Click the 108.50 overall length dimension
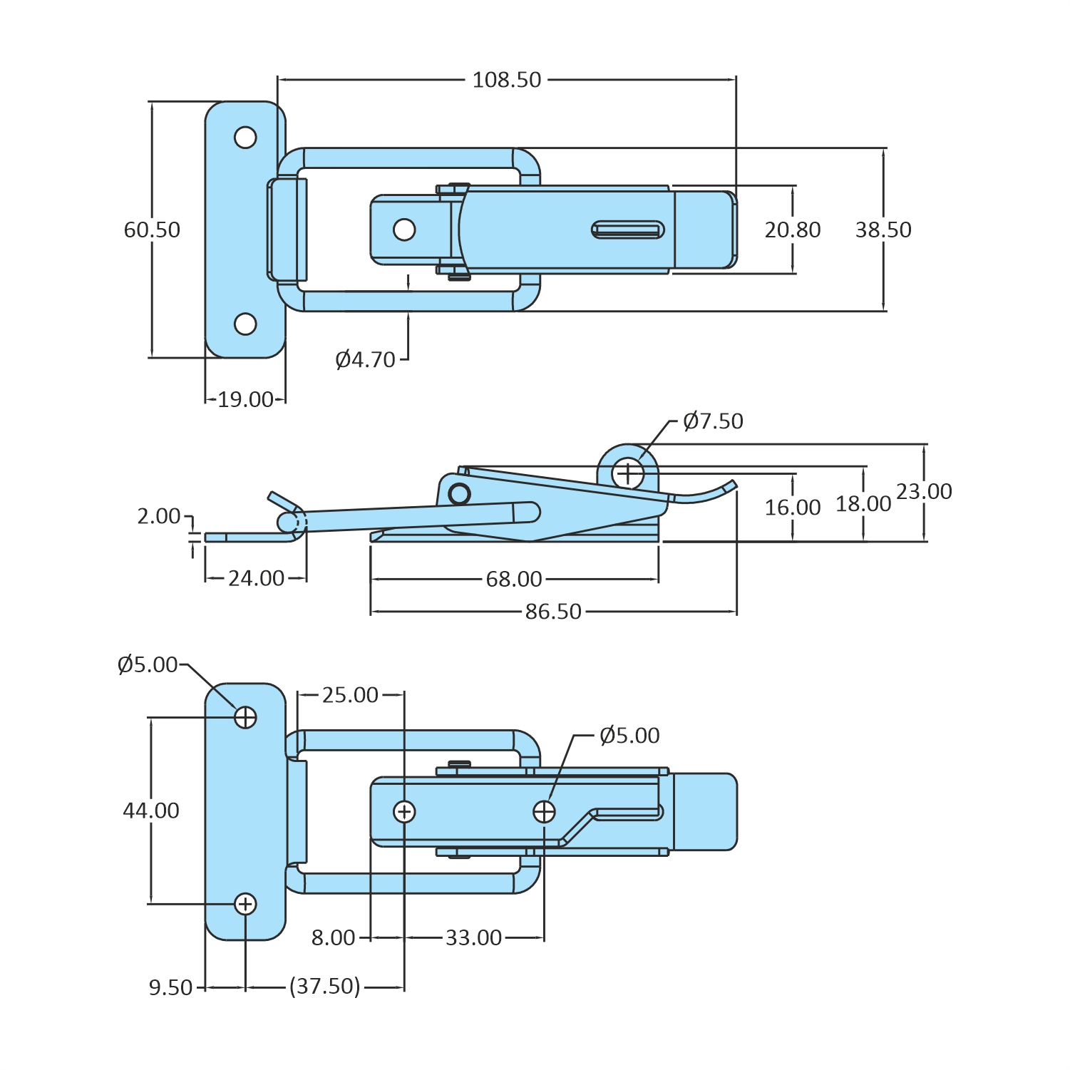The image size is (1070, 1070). tap(507, 80)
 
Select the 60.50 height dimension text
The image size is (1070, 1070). tap(152, 230)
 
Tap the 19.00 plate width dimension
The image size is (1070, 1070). tap(245, 400)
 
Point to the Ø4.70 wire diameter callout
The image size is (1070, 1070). tap(365, 359)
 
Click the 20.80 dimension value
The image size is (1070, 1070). tap(793, 230)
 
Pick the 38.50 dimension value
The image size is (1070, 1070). tap(883, 230)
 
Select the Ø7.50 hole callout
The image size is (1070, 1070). tap(713, 421)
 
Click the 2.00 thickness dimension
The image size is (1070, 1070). tap(159, 515)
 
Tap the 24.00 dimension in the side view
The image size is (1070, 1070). tap(257, 578)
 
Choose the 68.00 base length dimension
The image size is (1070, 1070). tap(514, 579)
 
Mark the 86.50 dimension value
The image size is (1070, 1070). tap(553, 612)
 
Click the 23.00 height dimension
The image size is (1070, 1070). tap(924, 491)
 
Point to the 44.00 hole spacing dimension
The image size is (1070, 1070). tap(151, 811)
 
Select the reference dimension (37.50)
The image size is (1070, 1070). tap(325, 987)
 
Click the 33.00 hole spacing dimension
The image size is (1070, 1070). tap(474, 937)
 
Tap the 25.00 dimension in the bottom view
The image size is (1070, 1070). tap(350, 695)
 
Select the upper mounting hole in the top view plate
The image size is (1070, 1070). tap(245, 137)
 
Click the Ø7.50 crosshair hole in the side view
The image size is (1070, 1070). tap(628, 473)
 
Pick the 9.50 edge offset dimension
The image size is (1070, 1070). tap(171, 987)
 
